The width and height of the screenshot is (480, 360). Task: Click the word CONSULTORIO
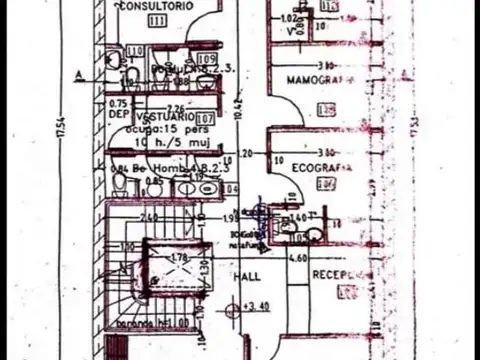coord(155,6)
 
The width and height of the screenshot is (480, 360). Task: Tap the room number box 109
coord(207,61)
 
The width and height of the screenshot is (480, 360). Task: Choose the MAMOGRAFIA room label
coord(318,78)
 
